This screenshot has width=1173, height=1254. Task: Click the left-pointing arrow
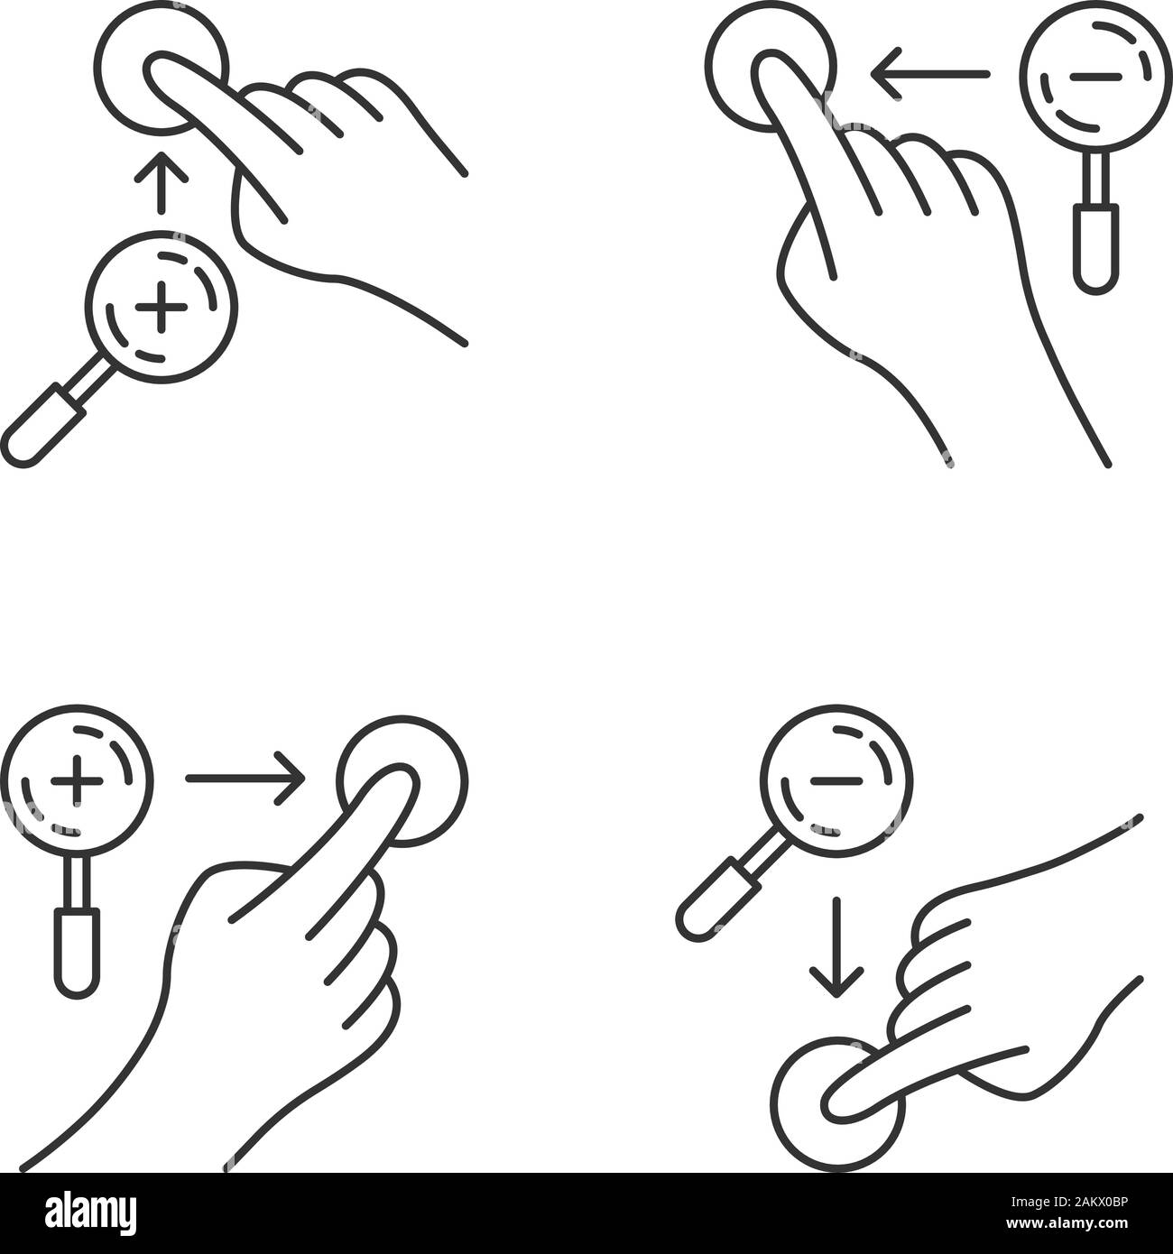[934, 72]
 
